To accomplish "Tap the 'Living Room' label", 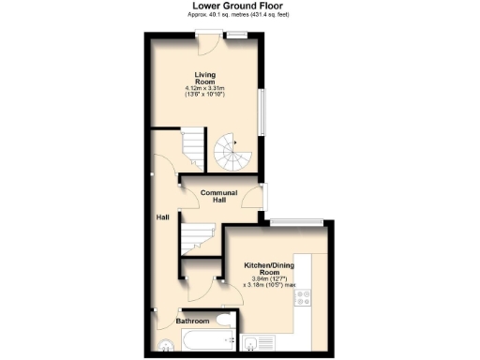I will click(x=206, y=78).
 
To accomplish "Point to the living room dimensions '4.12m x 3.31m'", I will click(x=206, y=89).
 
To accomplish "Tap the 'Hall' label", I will click(x=162, y=217).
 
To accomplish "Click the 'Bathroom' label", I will click(x=193, y=321).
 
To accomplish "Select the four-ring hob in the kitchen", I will click(x=303, y=297).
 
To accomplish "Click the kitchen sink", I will click(x=251, y=344).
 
